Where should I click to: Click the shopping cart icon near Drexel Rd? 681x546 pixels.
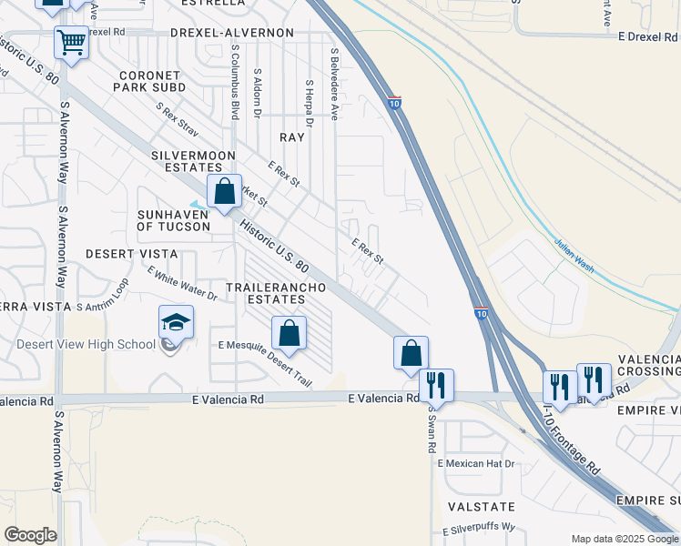point(71,42)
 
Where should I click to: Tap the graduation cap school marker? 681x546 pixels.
point(177,323)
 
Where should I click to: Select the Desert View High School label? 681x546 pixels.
point(86,344)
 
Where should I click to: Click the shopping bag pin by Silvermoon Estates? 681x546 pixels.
point(224,192)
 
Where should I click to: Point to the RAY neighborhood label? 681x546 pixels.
point(292,136)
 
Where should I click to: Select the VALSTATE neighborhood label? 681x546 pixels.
point(481,506)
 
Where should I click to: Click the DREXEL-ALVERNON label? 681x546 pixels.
point(232,33)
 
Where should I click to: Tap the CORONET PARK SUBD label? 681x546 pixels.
point(149,81)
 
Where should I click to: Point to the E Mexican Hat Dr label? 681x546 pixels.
point(476,463)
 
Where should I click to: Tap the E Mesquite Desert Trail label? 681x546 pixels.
point(265,364)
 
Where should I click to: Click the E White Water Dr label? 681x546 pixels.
point(182,283)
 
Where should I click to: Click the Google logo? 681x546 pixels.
point(30,535)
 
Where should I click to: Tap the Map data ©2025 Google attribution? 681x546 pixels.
point(624,539)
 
